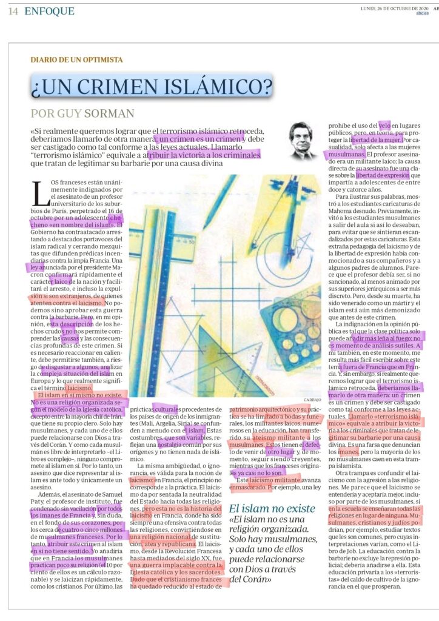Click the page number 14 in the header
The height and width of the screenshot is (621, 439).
[x=13, y=12]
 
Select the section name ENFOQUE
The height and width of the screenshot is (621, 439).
[x=50, y=12]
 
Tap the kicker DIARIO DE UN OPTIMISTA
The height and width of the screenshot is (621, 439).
[x=76, y=59]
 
